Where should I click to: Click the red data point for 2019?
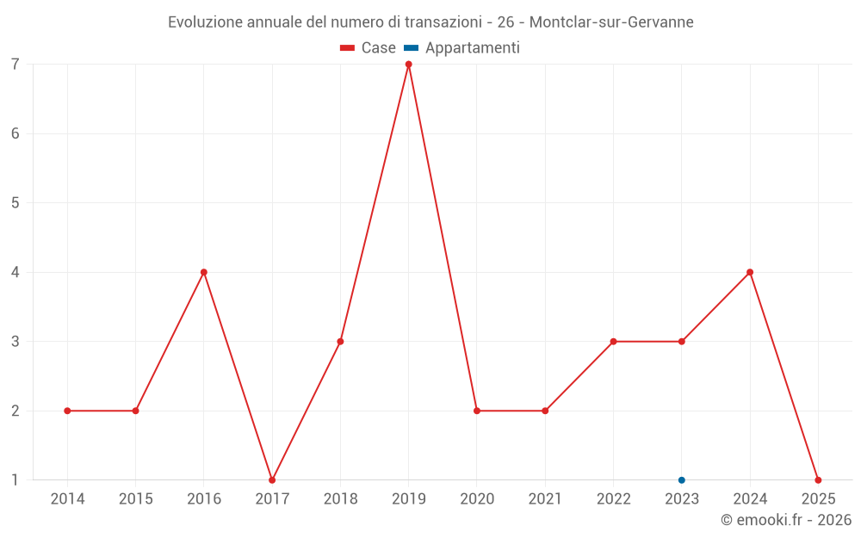[x=408, y=65]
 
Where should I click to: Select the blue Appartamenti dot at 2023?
[x=682, y=480]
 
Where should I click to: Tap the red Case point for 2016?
[x=204, y=272]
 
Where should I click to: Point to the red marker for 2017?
[x=272, y=480]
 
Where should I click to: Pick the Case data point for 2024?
[x=750, y=272]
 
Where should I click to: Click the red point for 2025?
[x=818, y=480]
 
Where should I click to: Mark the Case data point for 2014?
[x=67, y=411]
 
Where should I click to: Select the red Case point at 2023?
[x=682, y=342]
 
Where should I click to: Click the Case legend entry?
[x=369, y=48]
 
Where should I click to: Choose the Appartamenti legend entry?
[x=462, y=48]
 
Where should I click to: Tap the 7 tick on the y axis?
[x=15, y=65]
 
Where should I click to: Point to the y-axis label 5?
[x=15, y=203]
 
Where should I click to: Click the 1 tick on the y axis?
[x=15, y=480]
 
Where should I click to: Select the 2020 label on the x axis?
[x=477, y=499]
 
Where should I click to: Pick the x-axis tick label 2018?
[x=340, y=499]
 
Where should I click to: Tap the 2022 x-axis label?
[x=613, y=499]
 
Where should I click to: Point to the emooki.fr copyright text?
[x=786, y=520]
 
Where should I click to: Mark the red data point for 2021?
[x=545, y=411]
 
